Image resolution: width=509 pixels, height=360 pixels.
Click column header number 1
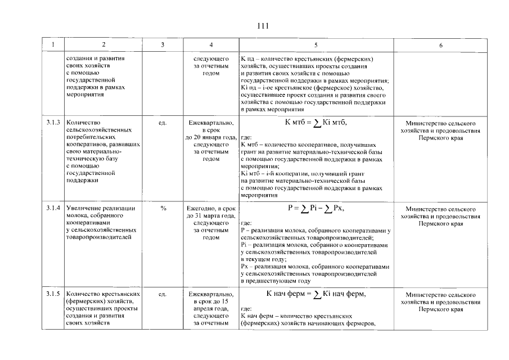point(53,44)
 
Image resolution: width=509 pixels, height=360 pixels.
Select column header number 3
point(163,44)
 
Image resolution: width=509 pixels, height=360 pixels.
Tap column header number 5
point(316,44)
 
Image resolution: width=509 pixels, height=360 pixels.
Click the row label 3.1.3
point(53,122)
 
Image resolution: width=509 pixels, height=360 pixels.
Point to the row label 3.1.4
point(53,208)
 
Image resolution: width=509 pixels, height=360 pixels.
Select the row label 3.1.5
point(53,294)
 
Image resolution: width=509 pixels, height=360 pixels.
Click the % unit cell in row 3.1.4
point(163,208)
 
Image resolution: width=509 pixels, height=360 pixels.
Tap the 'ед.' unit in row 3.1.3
point(163,122)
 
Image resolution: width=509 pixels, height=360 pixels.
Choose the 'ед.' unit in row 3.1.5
point(163,294)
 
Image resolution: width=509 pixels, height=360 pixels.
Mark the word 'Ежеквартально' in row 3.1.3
point(211,122)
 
